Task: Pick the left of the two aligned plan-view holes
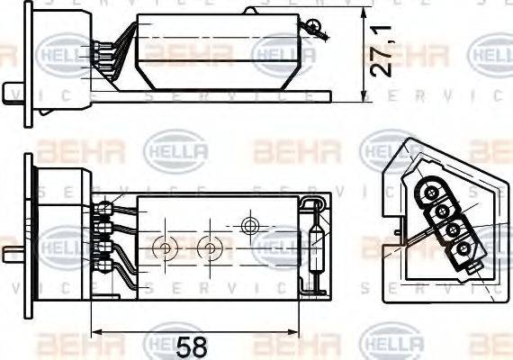click(164, 246)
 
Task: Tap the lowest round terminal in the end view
click(463, 247)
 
